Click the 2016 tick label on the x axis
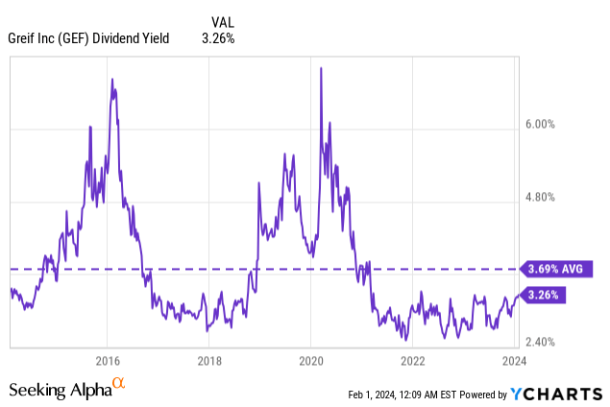point(107,360)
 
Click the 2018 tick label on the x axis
point(209,360)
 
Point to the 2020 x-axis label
point(311,360)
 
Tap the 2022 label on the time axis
point(413,360)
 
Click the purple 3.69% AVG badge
point(554,269)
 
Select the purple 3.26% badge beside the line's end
point(544,295)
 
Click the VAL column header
point(222,21)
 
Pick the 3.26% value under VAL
point(217,38)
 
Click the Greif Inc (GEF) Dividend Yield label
point(89,38)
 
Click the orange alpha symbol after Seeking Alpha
point(119,384)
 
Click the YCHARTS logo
point(556,394)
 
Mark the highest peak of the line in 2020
point(320,67)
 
